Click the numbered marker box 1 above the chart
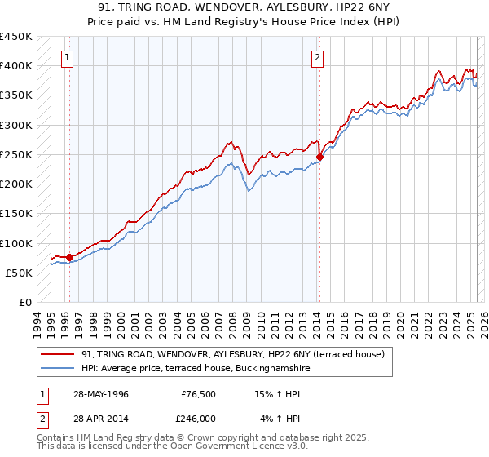(x=66, y=57)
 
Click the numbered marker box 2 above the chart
(x=317, y=57)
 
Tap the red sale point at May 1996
(x=69, y=257)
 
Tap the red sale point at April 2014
(x=319, y=158)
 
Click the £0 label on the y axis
(x=24, y=302)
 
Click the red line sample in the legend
(x=58, y=354)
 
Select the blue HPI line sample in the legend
(x=58, y=368)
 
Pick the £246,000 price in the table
(x=198, y=418)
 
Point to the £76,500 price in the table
(x=198, y=393)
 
